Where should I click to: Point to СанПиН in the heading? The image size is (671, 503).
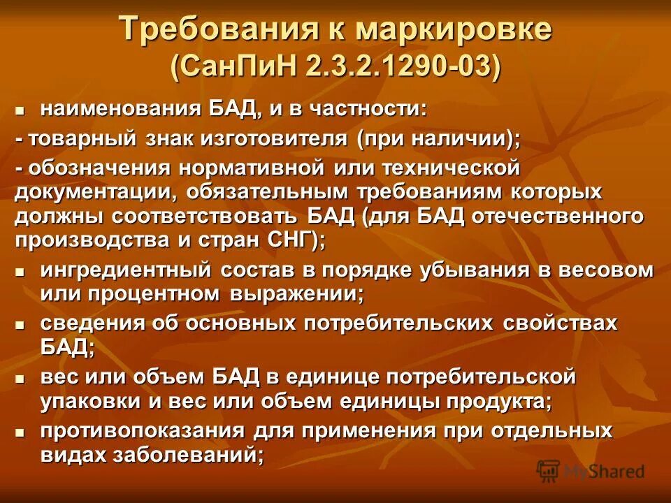[238, 67]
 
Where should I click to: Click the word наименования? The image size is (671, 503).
[122, 110]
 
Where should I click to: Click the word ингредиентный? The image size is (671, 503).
[128, 271]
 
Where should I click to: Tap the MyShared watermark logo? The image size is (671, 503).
[591, 470]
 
